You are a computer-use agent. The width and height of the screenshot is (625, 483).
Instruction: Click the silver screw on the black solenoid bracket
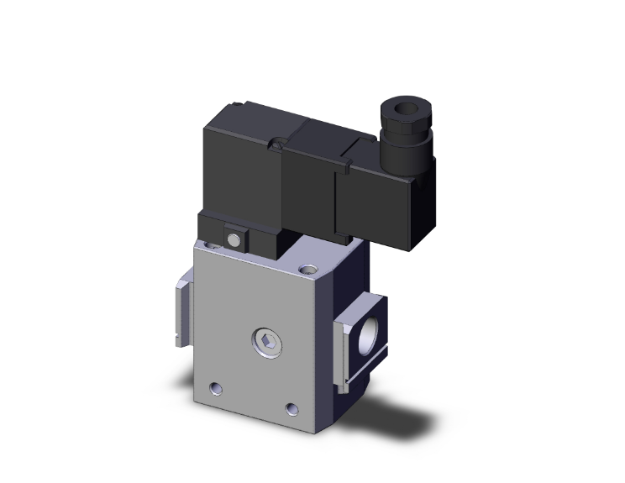[235, 239]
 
